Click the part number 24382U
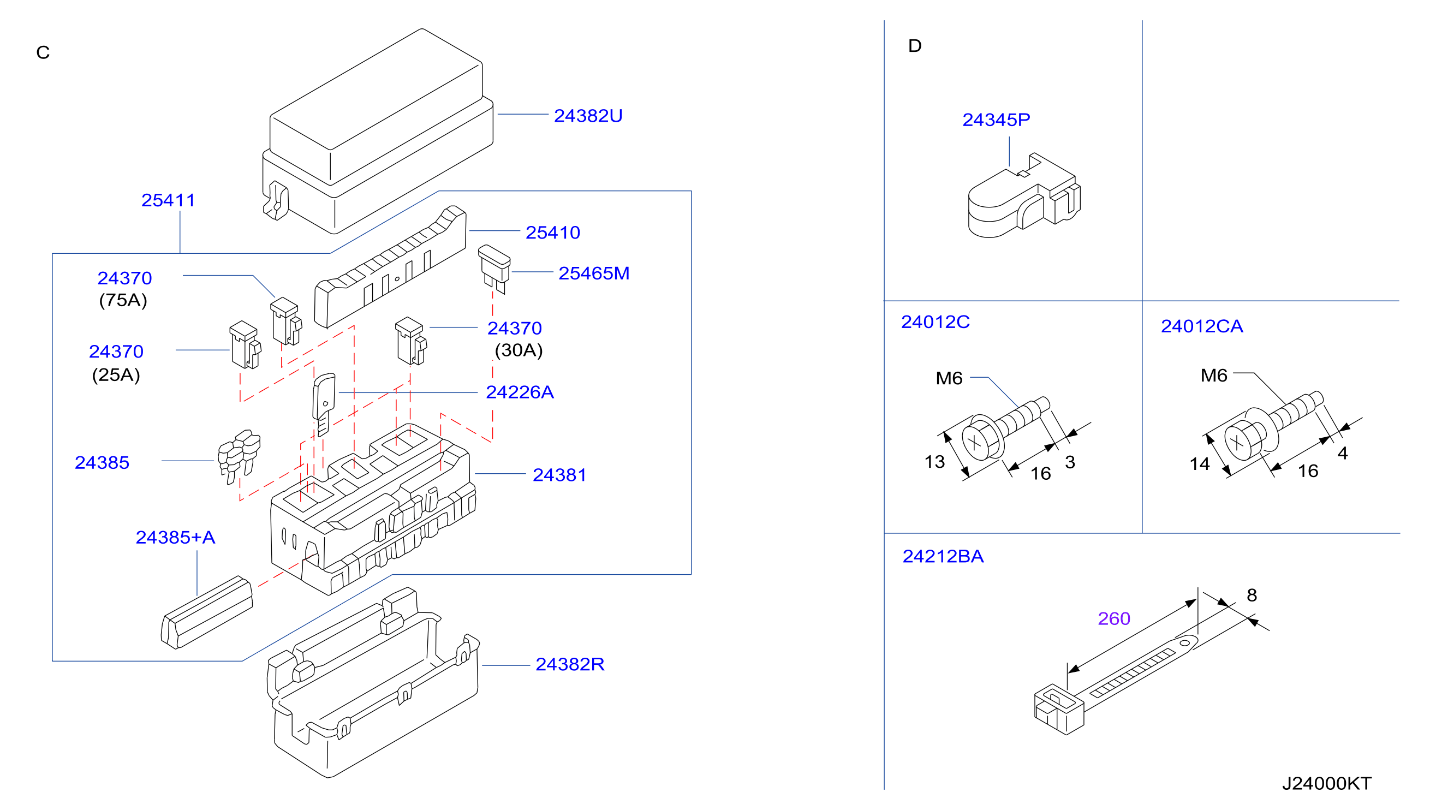coord(588,116)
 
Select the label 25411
coord(168,200)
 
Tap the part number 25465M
coord(594,273)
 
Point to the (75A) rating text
coord(123,300)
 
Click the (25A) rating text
coord(116,374)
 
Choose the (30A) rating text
coord(519,350)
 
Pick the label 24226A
coord(520,392)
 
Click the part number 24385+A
coord(175,538)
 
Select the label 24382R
coord(570,664)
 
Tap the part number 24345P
coord(996,120)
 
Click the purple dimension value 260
coord(1114,619)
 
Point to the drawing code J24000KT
coord(1327,784)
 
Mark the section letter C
coord(43,52)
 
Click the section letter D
coord(915,46)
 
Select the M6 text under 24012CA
coord(1213,376)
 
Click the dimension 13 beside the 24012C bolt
coord(934,462)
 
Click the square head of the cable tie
coord(1059,710)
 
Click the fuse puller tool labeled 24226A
coord(324,404)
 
